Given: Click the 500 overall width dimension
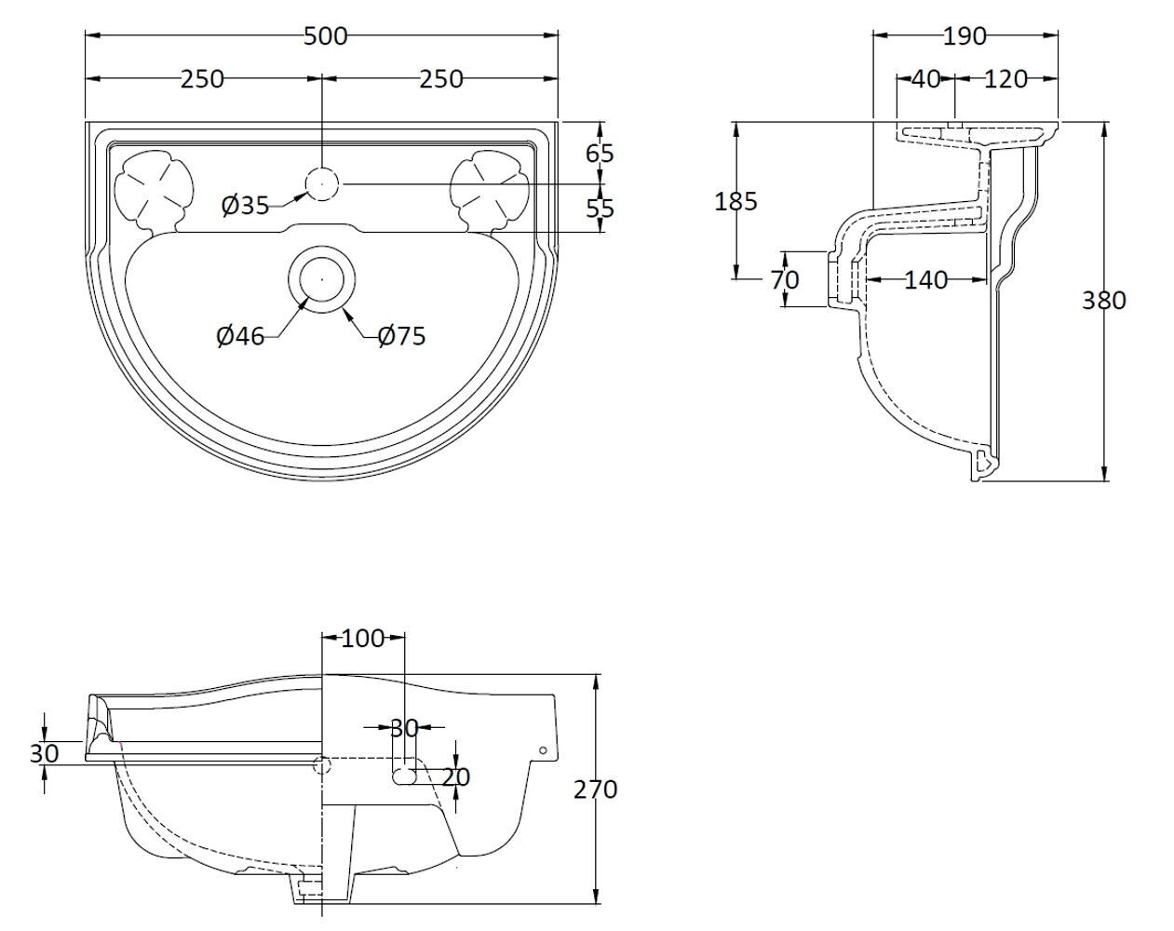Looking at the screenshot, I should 325,36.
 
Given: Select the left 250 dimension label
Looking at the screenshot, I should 202,79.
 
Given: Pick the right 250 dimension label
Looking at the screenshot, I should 440,79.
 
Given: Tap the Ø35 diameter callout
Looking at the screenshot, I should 245,205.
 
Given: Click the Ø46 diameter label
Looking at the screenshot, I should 240,336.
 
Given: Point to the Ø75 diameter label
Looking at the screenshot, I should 402,336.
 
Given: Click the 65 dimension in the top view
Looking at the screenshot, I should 600,153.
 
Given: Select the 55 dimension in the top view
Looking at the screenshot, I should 600,209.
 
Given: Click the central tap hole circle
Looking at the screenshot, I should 322,183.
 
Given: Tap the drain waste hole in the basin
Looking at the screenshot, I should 322,277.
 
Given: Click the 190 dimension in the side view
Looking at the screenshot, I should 965,36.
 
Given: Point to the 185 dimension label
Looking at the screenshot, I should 737,200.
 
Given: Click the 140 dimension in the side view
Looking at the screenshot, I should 925,279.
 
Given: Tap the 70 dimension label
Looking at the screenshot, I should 785,279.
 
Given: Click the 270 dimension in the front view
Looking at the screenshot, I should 596,789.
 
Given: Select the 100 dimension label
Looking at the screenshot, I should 363,639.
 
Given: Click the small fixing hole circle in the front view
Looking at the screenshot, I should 543,750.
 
